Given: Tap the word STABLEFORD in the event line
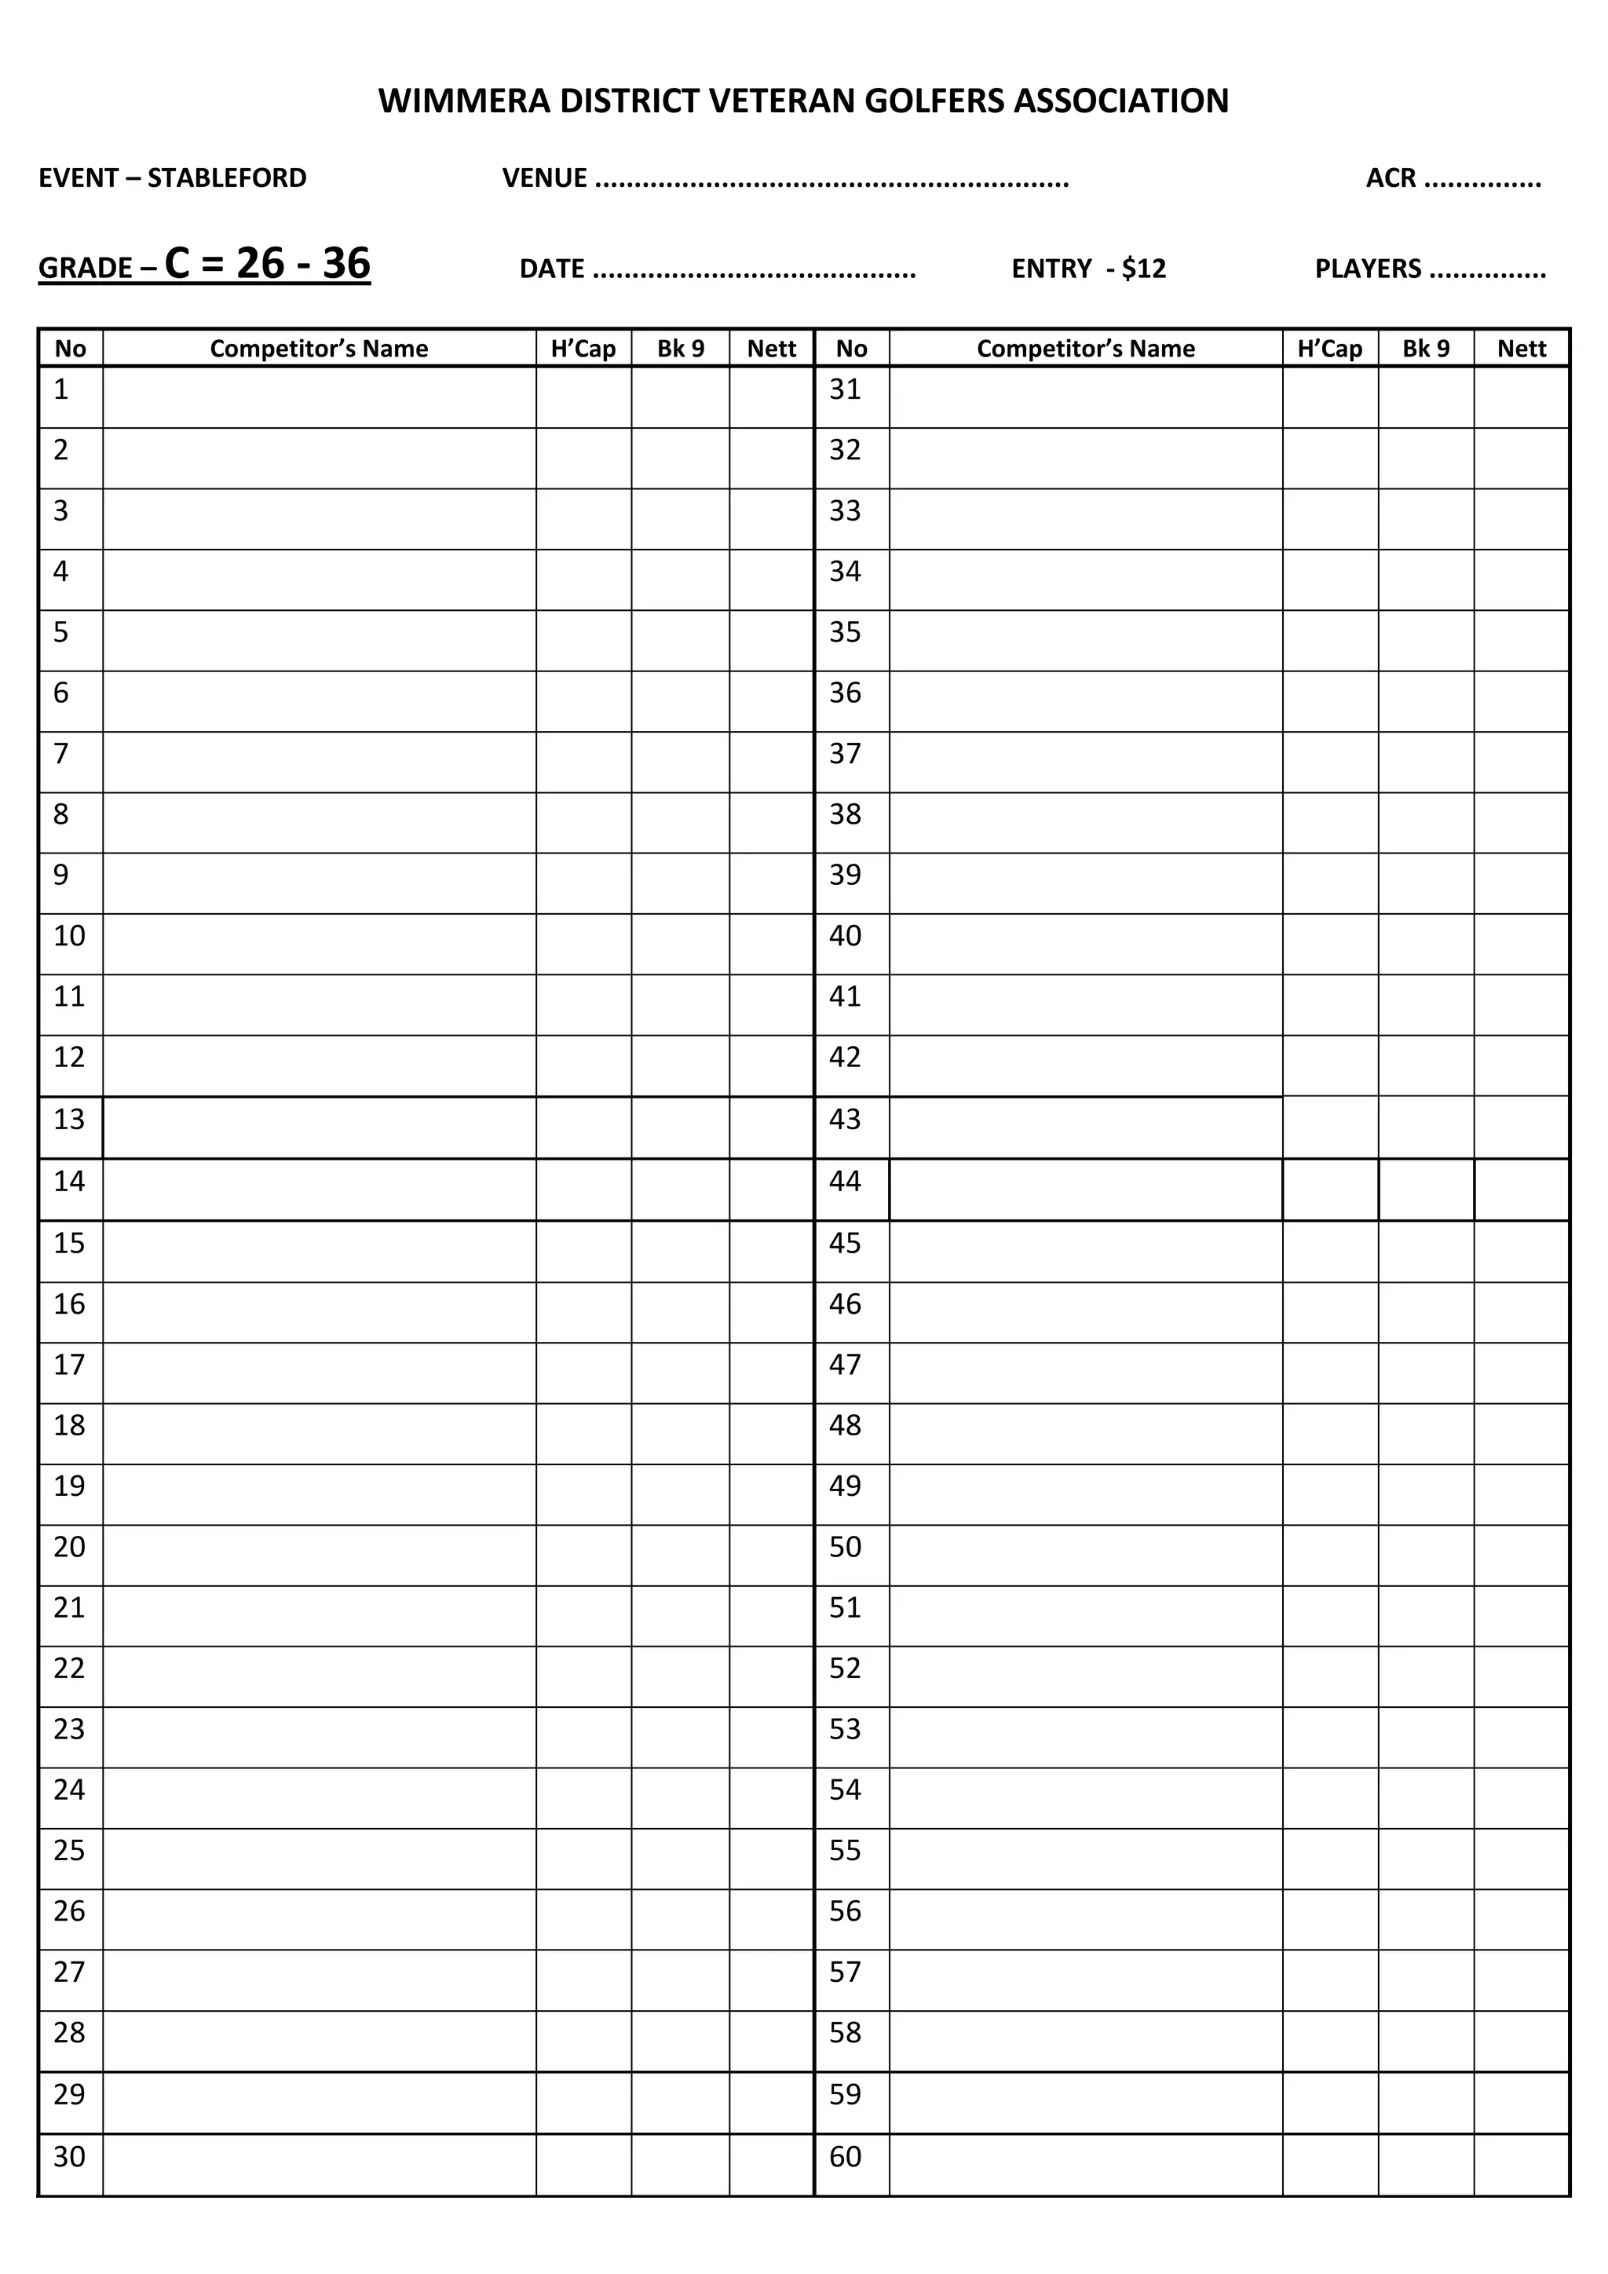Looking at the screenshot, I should point(227,178).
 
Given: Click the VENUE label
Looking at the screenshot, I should point(543,178).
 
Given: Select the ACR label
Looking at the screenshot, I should point(1391,178).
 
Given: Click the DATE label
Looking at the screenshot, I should point(551,269).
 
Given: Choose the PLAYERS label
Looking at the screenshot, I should point(1368,269).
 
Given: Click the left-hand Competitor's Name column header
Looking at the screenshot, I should point(319,349).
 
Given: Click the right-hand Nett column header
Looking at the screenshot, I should point(1521,349).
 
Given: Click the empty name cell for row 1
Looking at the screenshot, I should point(319,398).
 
